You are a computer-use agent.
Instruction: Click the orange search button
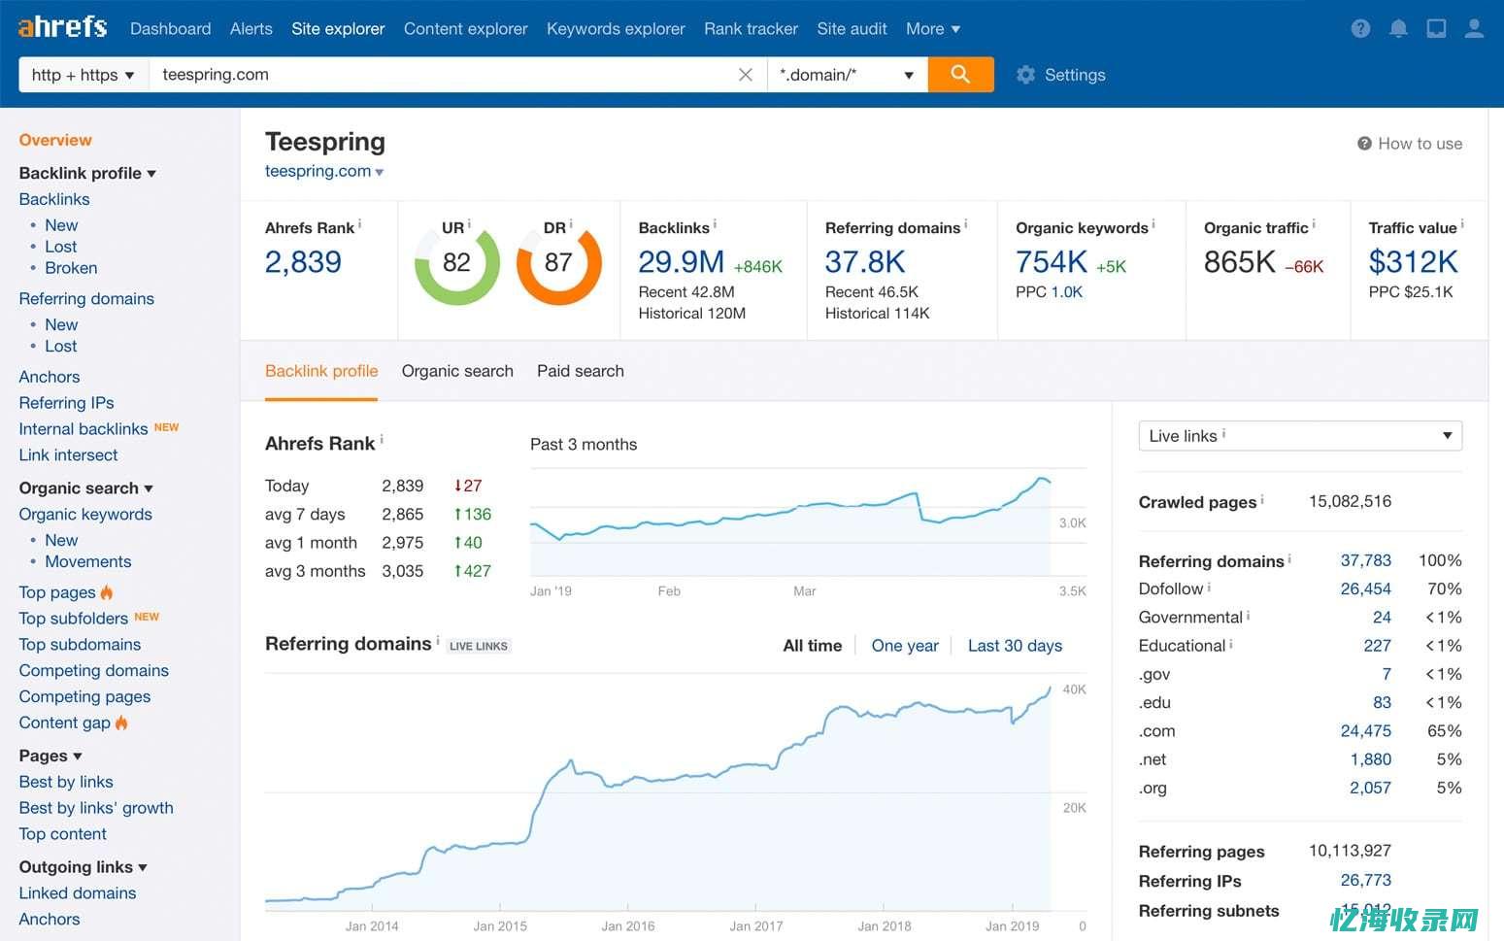959,75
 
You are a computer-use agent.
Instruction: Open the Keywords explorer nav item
616,29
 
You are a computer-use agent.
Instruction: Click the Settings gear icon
1025,75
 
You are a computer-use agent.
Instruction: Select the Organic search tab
457,371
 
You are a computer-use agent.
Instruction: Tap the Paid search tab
581,371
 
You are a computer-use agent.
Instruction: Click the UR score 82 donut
456,262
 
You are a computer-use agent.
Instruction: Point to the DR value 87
558,262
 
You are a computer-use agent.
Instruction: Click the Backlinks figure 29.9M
682,262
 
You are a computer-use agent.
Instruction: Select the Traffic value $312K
1413,262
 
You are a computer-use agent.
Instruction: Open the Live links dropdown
1300,436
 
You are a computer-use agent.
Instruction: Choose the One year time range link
905,646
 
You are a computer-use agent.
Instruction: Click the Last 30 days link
1015,646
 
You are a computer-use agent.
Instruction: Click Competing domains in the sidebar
93,671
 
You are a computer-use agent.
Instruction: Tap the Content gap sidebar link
65,723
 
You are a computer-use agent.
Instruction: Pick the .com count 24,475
1365,731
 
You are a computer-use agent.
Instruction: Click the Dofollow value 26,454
1365,589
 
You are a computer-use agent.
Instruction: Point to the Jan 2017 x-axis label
755,926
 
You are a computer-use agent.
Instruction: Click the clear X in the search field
746,75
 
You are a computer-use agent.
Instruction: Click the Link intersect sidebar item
68,455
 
